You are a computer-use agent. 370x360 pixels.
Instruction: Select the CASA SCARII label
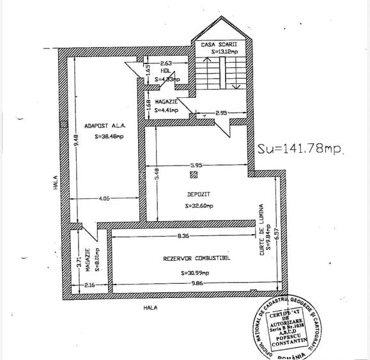213,44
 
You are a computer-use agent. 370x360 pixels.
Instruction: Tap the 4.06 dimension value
105,199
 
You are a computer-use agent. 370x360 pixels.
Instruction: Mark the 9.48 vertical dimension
75,139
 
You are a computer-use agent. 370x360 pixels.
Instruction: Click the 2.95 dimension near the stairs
221,113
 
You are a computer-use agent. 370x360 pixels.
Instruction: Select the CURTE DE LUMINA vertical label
262,234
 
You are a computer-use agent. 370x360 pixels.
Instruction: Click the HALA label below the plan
150,307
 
